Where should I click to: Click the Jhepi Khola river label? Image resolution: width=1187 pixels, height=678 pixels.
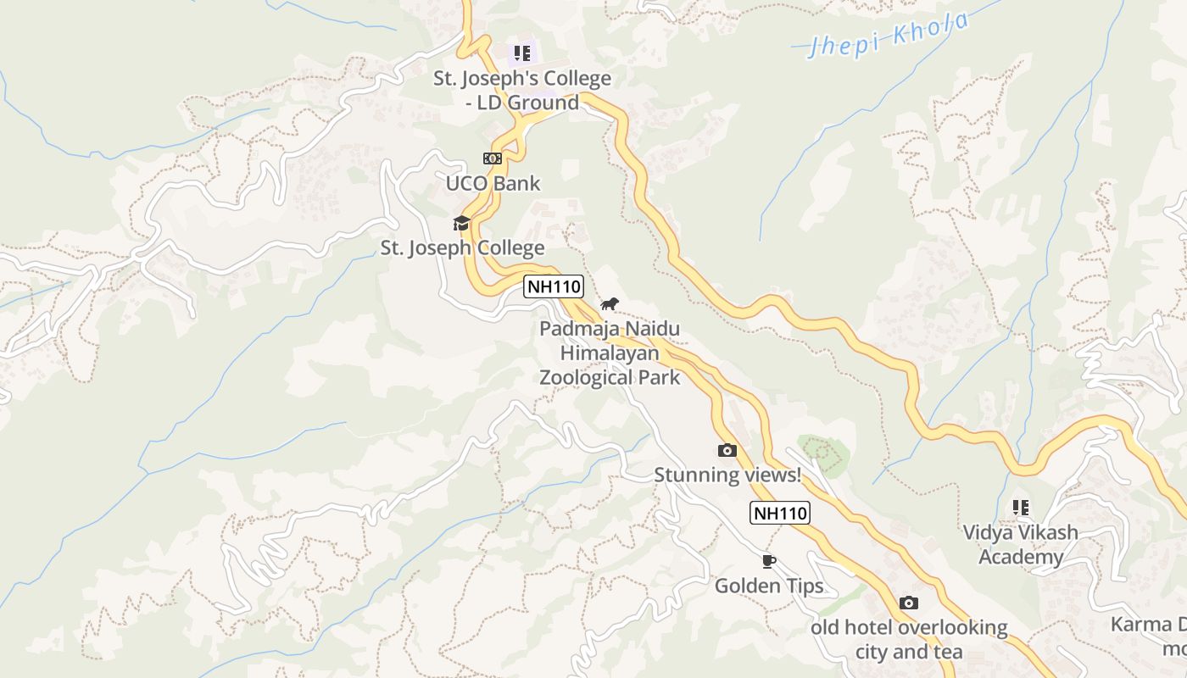point(889,35)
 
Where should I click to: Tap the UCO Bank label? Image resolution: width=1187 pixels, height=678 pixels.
point(493,183)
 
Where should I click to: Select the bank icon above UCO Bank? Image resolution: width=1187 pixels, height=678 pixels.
point(492,158)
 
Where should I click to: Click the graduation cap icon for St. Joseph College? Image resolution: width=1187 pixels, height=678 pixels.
point(461,223)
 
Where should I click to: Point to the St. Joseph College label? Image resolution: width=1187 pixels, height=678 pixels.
point(462,248)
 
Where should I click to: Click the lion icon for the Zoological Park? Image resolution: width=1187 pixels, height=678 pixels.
point(610,303)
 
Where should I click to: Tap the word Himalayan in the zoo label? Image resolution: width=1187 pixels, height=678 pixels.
point(610,353)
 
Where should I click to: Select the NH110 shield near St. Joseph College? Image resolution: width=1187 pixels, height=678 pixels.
point(554,286)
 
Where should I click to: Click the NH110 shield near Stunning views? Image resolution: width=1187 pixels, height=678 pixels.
point(780,513)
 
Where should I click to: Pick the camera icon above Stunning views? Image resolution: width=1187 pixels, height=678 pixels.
point(727,451)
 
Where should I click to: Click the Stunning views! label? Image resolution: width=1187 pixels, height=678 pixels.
point(727,475)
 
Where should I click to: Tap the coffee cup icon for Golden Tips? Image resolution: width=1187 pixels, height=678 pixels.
point(769,561)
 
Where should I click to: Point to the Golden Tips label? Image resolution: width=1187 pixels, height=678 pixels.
point(769,586)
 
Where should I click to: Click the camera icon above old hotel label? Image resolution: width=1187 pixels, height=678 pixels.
point(909,603)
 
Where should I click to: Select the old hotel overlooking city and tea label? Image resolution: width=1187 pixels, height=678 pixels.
point(909,640)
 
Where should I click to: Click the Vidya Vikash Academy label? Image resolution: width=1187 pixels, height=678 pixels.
point(1021,544)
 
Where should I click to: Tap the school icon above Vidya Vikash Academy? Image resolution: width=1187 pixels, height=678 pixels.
point(1021,508)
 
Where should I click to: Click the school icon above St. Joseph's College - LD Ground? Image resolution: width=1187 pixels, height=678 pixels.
point(522,54)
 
